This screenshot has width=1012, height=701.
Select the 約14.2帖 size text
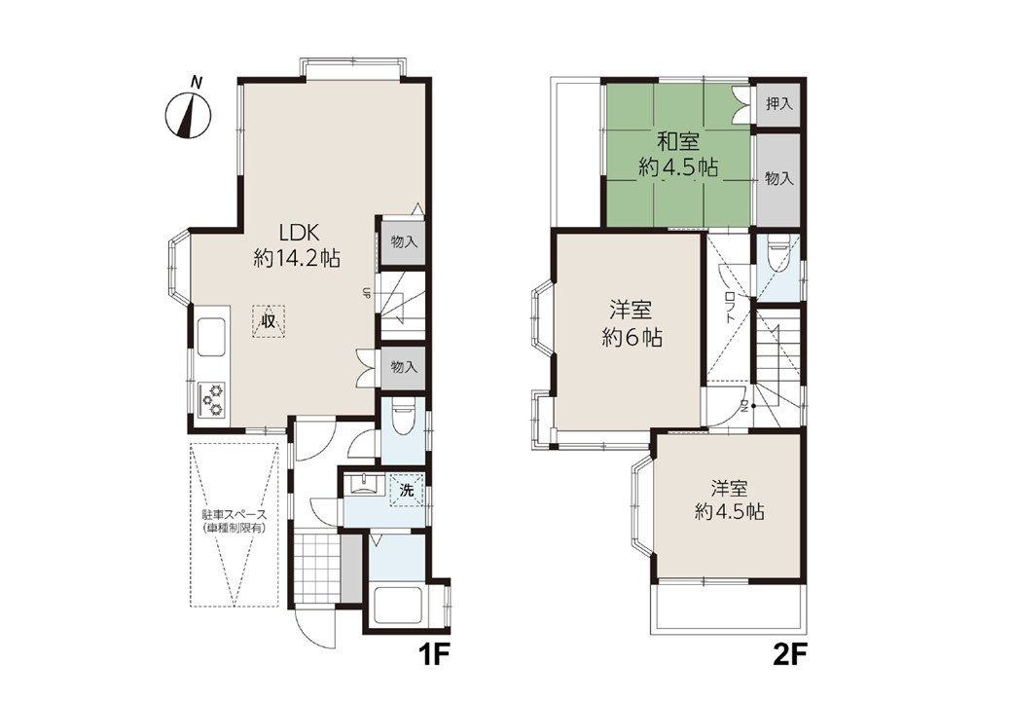click(x=297, y=259)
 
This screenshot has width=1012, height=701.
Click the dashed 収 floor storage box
click(x=268, y=319)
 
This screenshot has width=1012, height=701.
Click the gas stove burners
click(x=212, y=399)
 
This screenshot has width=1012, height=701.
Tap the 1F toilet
click(x=402, y=414)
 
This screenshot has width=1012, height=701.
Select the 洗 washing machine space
click(x=407, y=490)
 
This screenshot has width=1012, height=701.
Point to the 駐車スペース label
click(x=235, y=515)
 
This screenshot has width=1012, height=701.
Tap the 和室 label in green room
click(x=677, y=141)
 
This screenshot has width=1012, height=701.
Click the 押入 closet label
click(x=779, y=103)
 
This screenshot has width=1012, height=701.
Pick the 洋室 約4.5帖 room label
click(x=730, y=499)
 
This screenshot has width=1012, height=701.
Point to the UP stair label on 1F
click(x=366, y=292)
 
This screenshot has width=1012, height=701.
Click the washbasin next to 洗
click(x=364, y=485)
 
